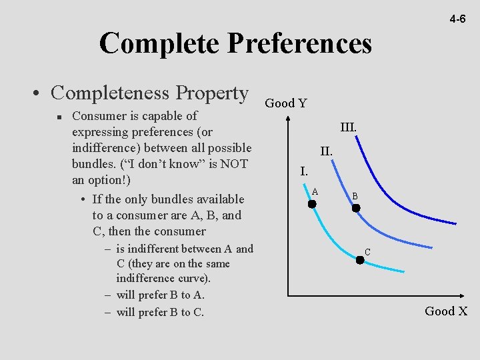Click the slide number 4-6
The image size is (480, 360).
click(457, 19)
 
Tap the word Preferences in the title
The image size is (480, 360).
click(299, 44)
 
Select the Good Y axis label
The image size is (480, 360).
click(286, 103)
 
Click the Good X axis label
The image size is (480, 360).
click(445, 311)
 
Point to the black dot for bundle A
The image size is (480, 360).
click(311, 204)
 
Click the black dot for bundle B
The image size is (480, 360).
click(356, 208)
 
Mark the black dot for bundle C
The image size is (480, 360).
click(360, 260)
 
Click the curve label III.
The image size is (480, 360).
click(348, 127)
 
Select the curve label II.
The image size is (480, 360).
click(326, 151)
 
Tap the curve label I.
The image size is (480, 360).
click(303, 171)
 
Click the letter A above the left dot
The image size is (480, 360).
click(315, 192)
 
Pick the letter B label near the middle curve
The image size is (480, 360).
click(355, 197)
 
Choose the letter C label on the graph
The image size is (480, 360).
click(367, 252)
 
